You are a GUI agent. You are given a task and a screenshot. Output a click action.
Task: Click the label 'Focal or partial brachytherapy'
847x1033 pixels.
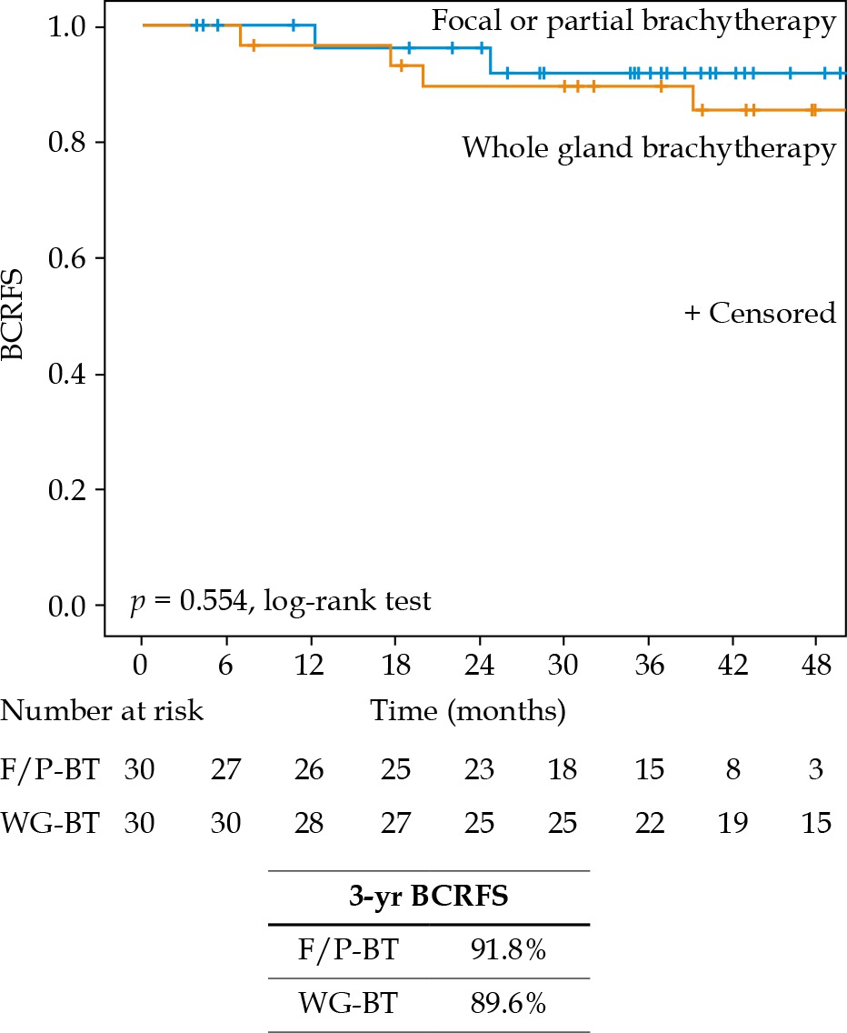633,22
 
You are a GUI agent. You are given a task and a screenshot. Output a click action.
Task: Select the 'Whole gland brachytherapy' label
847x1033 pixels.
648,147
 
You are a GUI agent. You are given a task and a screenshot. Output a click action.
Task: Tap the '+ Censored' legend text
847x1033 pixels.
759,314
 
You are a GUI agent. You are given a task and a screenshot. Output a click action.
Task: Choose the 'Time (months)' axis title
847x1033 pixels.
468,710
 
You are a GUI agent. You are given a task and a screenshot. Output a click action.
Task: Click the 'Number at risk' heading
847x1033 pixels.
102,710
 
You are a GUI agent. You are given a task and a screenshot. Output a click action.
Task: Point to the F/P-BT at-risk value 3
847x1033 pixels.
817,771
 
